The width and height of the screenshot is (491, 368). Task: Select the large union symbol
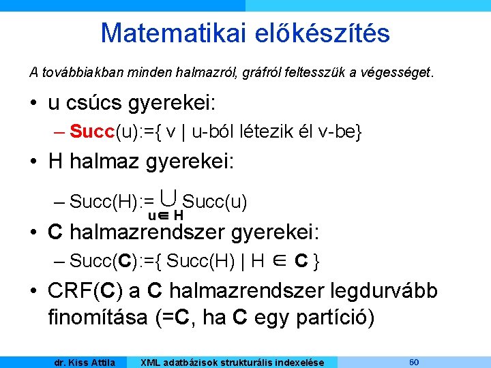click(x=170, y=198)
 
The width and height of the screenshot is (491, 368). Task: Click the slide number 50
click(x=413, y=361)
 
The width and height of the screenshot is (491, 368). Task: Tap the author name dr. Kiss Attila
click(x=85, y=362)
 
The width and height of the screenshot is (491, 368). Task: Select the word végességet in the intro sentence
click(x=398, y=72)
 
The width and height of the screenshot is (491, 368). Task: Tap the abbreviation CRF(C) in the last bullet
click(x=85, y=292)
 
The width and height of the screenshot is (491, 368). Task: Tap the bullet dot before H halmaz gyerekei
click(x=33, y=162)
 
